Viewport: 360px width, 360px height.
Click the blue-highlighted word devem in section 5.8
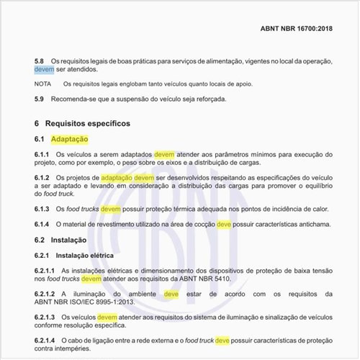click(45, 70)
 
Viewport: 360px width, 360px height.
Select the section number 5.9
click(40, 99)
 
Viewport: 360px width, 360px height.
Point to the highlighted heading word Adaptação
click(72, 138)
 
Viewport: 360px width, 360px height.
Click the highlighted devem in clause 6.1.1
click(164, 154)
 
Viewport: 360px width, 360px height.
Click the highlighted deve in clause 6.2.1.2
click(171, 294)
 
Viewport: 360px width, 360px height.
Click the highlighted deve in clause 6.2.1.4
click(222, 340)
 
